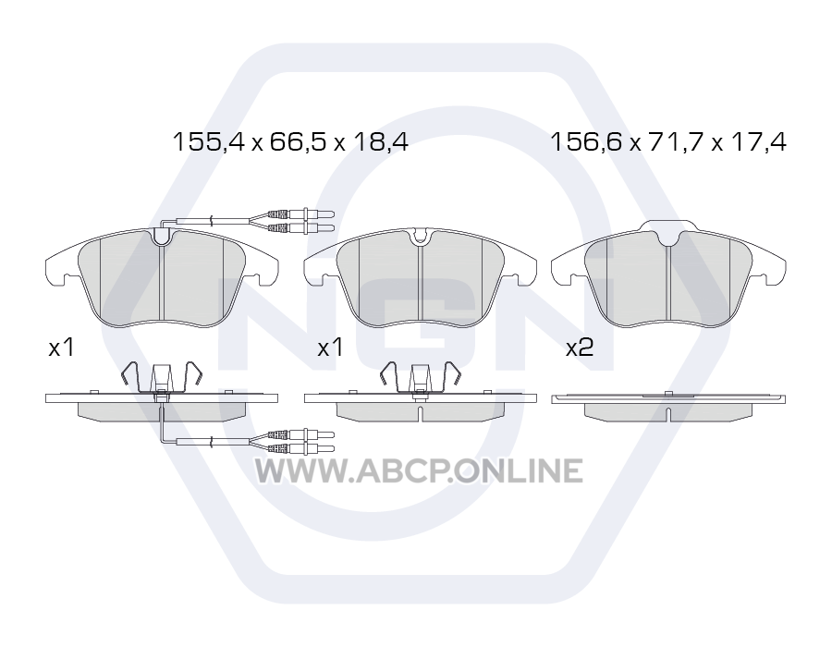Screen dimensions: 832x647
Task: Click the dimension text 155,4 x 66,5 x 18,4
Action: click(x=291, y=141)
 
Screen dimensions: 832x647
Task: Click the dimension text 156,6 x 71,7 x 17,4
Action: click(x=668, y=141)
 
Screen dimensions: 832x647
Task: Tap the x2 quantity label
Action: click(x=580, y=348)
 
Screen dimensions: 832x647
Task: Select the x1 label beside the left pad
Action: click(x=61, y=348)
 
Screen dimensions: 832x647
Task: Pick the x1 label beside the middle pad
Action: click(x=330, y=348)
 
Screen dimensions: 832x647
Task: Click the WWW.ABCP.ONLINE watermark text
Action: click(x=419, y=471)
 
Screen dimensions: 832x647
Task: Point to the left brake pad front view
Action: click(x=162, y=277)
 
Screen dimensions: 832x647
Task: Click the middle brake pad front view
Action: click(x=421, y=277)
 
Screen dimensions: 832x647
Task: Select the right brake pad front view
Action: click(x=668, y=275)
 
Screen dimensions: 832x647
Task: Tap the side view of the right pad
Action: click(x=668, y=407)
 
